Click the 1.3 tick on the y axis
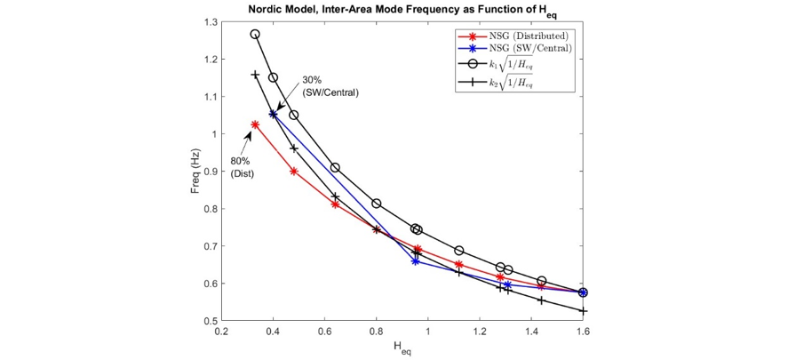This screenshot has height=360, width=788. click(209, 21)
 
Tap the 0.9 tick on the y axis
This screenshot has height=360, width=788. click(209, 172)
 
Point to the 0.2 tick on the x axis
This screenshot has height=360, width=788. click(221, 331)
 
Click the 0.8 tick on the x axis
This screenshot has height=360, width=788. click(376, 331)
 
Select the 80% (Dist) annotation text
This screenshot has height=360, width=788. click(243, 167)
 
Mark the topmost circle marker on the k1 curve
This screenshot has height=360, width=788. click(255, 34)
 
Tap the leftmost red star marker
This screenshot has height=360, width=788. click(255, 124)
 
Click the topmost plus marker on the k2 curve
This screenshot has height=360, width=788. click(255, 75)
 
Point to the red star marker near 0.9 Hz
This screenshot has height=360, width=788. click(294, 171)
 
